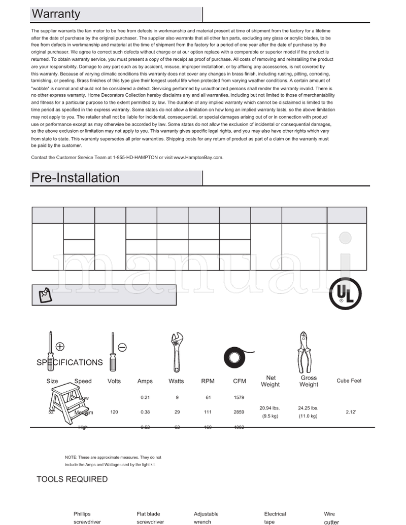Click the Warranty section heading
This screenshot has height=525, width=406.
[x=56, y=14]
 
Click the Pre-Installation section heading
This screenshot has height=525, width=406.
[x=75, y=178]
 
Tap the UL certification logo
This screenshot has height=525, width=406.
[x=345, y=293]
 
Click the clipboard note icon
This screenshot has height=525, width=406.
[x=45, y=294]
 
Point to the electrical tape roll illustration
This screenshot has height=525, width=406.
[x=236, y=358]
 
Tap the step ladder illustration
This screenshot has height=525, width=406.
[x=69, y=403]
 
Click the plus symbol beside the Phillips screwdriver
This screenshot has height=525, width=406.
[x=60, y=347]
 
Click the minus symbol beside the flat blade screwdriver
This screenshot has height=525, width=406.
[x=122, y=347]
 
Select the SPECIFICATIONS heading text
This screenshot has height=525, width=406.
[x=70, y=362]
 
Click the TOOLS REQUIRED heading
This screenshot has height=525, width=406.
[x=72, y=479]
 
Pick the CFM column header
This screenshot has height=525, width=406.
[x=239, y=381]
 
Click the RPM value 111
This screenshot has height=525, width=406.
[x=208, y=413]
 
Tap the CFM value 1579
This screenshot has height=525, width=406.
[x=239, y=397]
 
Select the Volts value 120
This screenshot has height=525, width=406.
[x=114, y=413]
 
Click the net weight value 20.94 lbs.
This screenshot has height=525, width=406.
[x=269, y=408]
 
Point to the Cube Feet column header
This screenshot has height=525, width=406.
[x=349, y=381]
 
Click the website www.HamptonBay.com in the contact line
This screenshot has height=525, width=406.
[x=198, y=158]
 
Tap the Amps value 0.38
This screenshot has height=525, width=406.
[x=145, y=413]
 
